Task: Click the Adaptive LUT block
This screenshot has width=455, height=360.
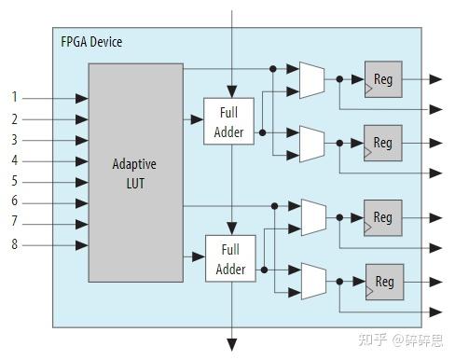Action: [134, 172]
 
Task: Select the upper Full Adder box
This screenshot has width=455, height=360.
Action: [228, 122]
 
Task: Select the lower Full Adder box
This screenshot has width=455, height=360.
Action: [229, 259]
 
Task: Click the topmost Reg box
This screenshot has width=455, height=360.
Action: [383, 79]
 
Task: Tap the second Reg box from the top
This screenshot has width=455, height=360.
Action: [383, 143]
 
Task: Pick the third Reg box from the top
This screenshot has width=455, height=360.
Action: [383, 217]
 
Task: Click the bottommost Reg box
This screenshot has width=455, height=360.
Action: [383, 281]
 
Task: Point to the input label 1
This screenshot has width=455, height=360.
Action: [14, 97]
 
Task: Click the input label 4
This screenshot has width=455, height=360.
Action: [14, 160]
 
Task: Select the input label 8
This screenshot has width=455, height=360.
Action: [14, 244]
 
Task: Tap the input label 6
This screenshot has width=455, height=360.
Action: [14, 202]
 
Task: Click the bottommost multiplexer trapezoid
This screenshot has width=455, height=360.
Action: [313, 281]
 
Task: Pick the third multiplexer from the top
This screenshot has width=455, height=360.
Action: [313, 217]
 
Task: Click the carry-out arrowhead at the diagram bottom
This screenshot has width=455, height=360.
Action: [232, 344]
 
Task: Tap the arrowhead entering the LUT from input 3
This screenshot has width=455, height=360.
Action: [83, 140]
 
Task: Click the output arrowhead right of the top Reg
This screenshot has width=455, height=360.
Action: [435, 79]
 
